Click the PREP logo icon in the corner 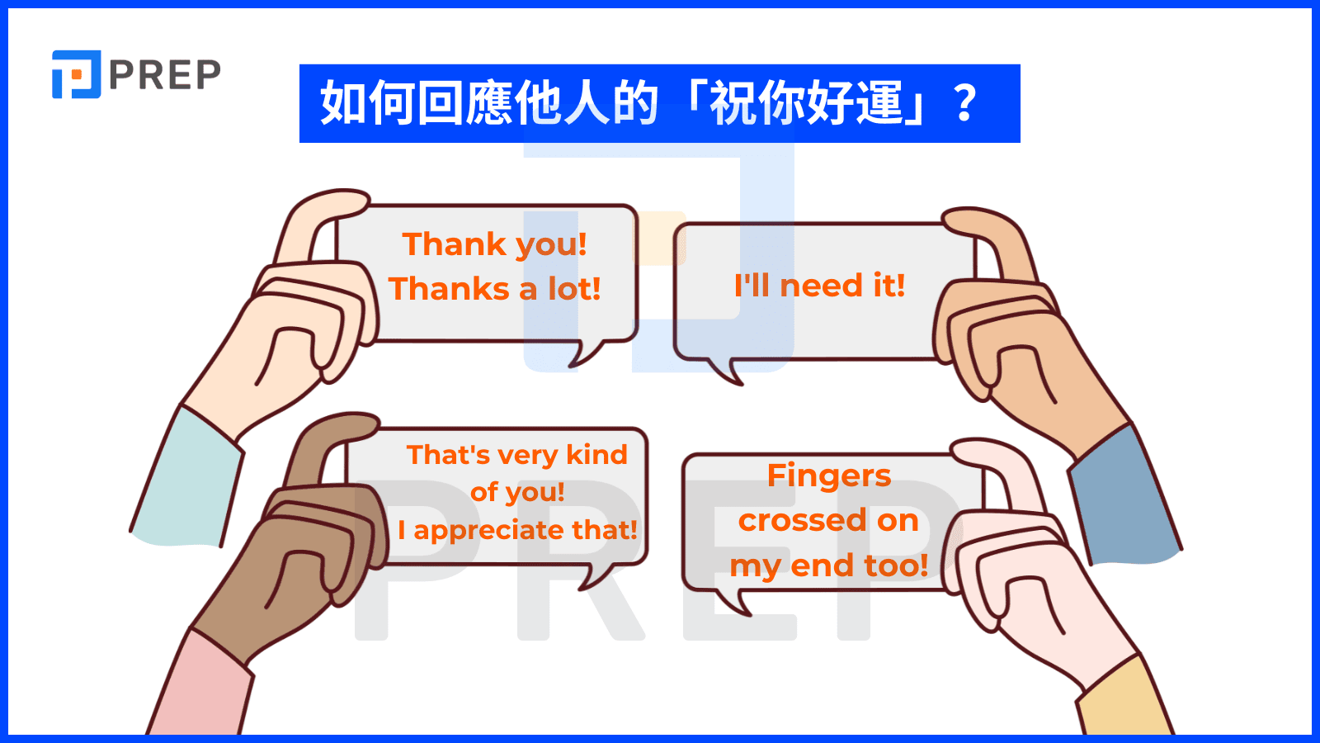76,74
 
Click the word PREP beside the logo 165,75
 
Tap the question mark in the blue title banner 964,103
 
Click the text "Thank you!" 495,244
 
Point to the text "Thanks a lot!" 495,289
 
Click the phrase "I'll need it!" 820,286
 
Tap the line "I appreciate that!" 517,529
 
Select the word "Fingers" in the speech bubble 829,476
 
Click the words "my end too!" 829,566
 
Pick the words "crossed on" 828,520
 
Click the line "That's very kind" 517,455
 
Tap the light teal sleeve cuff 187,478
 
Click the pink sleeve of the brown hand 200,684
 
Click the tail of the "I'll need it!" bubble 726,371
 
